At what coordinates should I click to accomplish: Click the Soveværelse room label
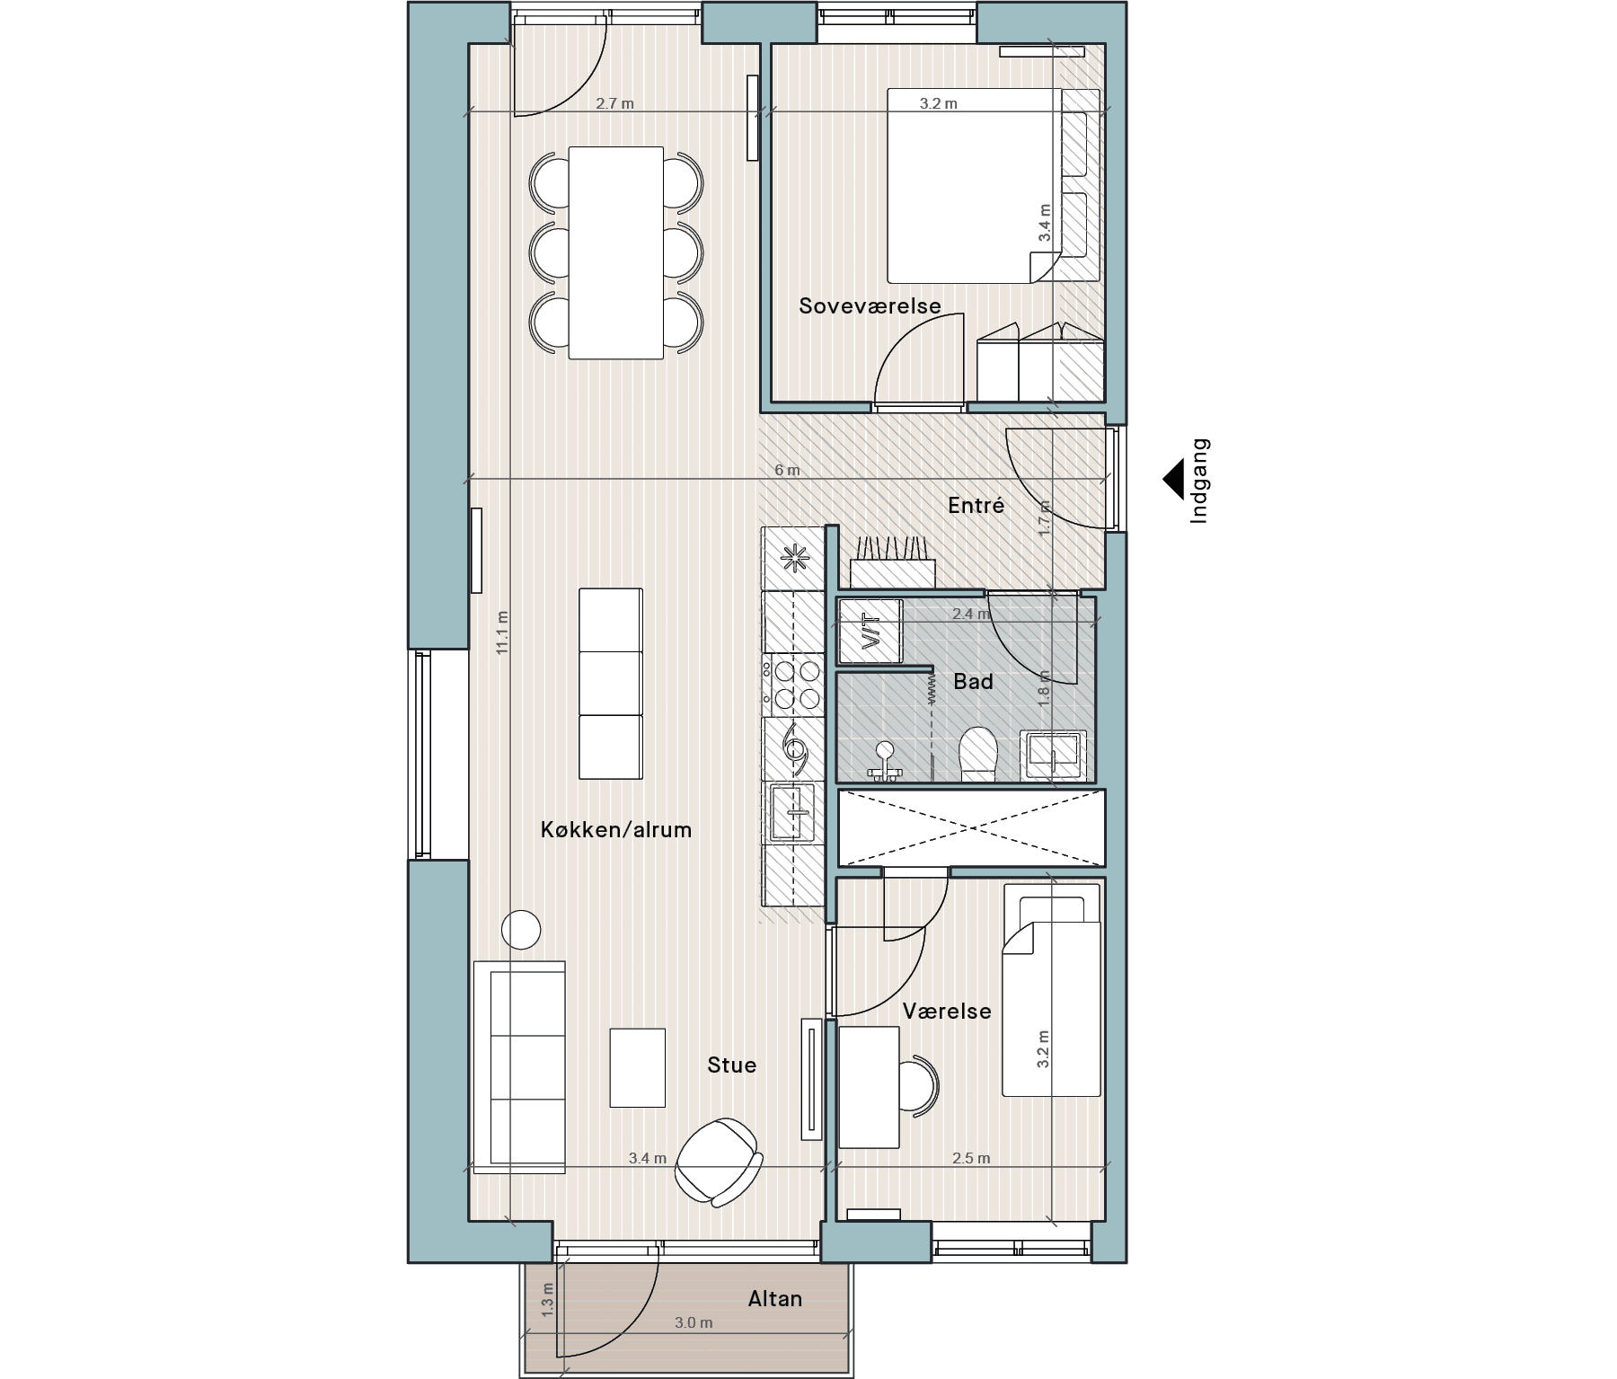[x=870, y=306]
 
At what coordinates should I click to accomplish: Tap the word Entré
[x=976, y=506]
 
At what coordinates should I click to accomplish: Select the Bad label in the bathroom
[x=973, y=682]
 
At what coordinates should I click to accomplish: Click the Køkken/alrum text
[x=616, y=829]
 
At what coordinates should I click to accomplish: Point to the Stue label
[x=731, y=1065]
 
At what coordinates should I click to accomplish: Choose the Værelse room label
[x=947, y=1012]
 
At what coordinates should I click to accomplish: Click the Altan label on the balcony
[x=774, y=1299]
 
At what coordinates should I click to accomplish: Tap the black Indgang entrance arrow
[x=1173, y=481]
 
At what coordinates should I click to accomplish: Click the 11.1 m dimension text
[x=502, y=632]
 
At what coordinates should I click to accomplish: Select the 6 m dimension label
[x=787, y=471]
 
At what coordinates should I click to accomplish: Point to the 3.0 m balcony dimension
[x=694, y=1323]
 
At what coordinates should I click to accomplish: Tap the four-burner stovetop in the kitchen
[x=792, y=685]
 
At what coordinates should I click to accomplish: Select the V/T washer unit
[x=870, y=631]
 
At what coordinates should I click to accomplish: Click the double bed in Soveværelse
[x=973, y=186]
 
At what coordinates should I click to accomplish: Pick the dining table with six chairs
[x=616, y=253]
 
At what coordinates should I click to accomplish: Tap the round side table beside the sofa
[x=521, y=930]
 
